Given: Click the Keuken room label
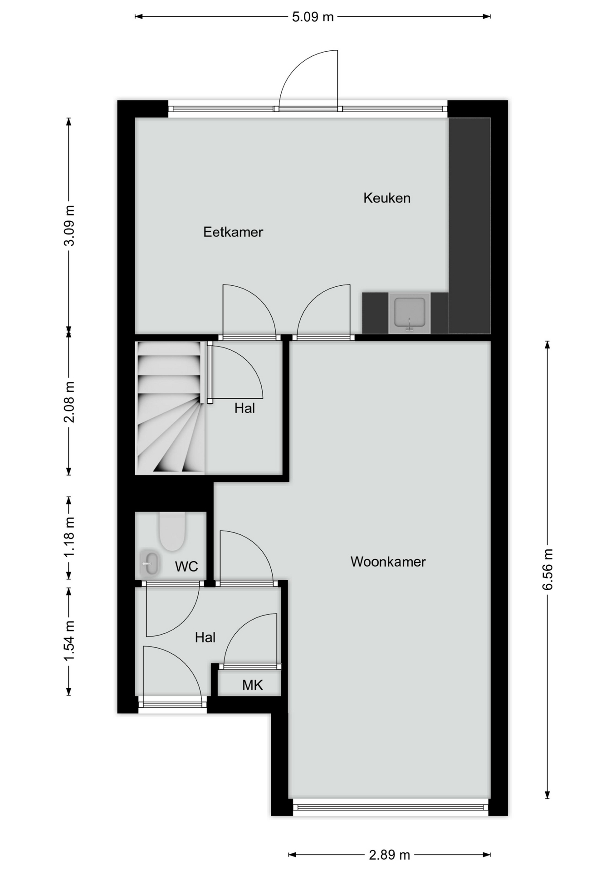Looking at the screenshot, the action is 386,198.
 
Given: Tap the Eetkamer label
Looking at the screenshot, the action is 233,232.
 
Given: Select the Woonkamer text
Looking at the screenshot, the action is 388,562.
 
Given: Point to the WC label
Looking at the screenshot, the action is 186,566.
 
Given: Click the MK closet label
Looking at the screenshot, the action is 252,685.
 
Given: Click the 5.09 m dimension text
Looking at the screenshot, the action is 313,17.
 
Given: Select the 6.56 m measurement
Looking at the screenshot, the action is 548,569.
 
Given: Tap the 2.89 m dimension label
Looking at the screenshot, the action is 389,855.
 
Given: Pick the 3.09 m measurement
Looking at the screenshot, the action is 69,225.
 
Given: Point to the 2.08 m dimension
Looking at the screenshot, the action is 69,402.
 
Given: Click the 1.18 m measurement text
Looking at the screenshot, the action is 69,537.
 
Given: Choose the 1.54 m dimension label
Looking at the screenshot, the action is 69,641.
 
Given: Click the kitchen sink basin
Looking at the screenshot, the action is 410,313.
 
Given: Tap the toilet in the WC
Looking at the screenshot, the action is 172,531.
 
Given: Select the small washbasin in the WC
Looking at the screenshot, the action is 150,563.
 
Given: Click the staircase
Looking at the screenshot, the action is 170,407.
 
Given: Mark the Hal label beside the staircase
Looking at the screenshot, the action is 244,408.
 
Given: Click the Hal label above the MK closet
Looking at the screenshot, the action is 205,637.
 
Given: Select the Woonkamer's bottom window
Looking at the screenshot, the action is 391,807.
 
